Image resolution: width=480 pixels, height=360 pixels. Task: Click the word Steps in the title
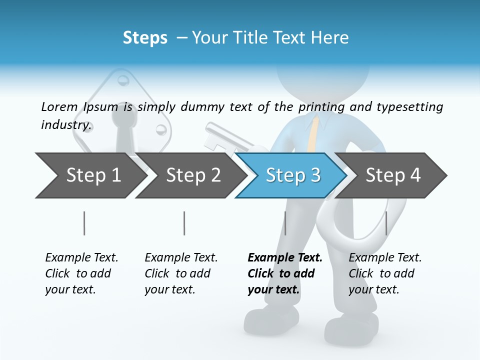145,38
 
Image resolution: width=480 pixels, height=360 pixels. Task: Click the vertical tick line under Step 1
84,223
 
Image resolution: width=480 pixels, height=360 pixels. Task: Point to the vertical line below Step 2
184,223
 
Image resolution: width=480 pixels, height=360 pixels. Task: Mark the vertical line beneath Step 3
285,223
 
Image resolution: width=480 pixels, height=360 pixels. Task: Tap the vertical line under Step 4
386,223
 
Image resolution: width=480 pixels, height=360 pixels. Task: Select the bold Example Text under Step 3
285,273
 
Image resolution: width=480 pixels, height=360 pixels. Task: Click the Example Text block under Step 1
81,273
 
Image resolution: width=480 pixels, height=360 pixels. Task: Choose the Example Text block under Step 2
181,273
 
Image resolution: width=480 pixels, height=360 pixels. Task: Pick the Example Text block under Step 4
385,273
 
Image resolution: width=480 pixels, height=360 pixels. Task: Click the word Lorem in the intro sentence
59,106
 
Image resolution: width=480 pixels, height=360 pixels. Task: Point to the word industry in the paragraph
65,124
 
